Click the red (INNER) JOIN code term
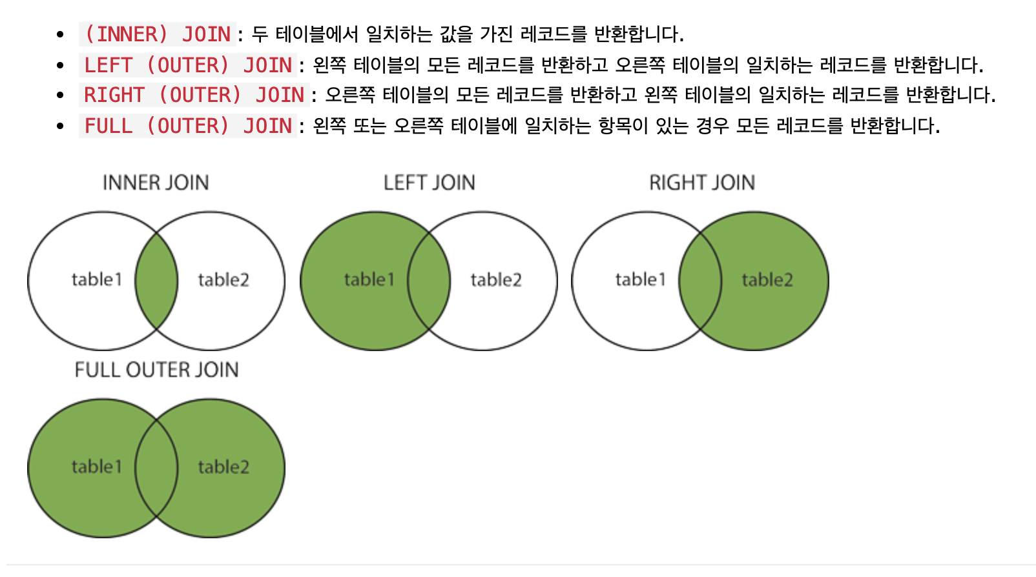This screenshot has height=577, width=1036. coord(158,34)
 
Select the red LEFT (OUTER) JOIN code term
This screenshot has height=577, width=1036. coord(188,65)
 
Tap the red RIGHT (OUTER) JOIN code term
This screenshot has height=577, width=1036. coord(194,96)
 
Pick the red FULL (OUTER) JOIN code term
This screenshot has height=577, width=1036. coord(188,126)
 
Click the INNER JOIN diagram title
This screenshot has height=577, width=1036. coord(156,183)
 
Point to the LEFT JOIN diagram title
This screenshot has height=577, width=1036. coord(429,183)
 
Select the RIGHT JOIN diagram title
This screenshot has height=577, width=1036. coord(702,183)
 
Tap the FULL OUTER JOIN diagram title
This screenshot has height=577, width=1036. coord(156,370)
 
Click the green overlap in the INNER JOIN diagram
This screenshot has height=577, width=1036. coord(156,281)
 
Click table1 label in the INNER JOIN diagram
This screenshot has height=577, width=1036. coord(96,279)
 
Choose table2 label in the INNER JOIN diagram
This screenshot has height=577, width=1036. coord(223,279)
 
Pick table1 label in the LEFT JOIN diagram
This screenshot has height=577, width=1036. coord(369,279)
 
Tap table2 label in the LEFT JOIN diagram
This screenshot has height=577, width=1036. coord(496,279)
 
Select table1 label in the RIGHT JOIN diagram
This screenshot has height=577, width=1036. coord(640,279)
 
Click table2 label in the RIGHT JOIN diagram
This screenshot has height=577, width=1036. coord(767,279)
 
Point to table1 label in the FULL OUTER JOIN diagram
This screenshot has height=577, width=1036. coord(96,467)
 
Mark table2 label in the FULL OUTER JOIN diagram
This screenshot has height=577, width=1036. coord(223,467)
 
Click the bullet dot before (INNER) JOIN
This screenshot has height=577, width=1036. coord(60,35)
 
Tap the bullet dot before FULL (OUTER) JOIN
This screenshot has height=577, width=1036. coord(60,127)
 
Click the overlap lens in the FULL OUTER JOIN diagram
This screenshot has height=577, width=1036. coord(156,468)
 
